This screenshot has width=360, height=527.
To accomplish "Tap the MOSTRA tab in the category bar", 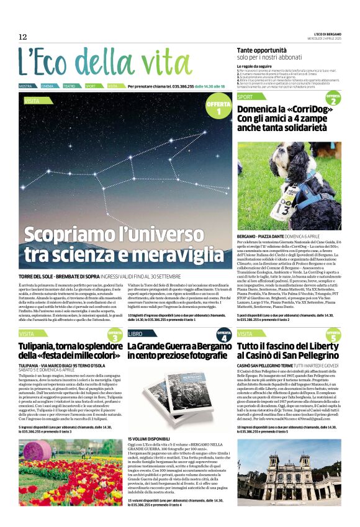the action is [x=26, y=86].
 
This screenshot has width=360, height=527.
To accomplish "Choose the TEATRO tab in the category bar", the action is [x=70, y=86].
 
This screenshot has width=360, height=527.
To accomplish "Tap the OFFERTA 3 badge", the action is [x=115, y=336].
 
